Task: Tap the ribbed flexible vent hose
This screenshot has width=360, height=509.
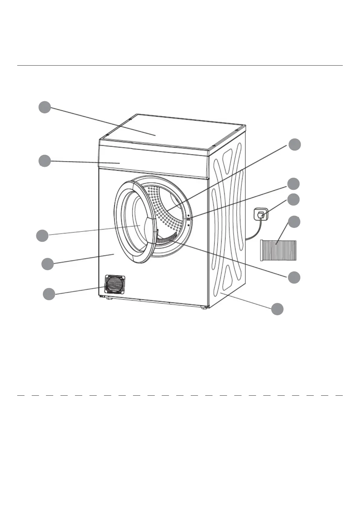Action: (278, 250)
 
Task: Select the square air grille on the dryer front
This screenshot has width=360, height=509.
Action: (115, 284)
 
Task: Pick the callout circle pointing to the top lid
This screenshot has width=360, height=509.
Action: (45, 107)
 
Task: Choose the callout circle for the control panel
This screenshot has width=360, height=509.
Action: (45, 161)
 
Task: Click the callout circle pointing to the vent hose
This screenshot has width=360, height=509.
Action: (294, 222)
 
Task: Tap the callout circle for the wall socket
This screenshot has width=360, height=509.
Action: (293, 199)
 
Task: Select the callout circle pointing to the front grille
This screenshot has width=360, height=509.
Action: (49, 294)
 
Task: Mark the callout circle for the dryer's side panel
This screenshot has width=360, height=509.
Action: (277, 309)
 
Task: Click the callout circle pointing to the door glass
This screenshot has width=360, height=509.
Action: (42, 235)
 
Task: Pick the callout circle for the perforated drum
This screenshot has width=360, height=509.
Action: (294, 144)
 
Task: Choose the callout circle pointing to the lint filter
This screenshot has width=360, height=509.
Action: (294, 277)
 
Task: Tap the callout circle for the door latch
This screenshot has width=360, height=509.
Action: (293, 183)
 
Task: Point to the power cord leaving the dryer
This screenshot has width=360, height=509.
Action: (254, 233)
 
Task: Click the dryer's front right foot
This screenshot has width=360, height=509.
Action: (205, 308)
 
